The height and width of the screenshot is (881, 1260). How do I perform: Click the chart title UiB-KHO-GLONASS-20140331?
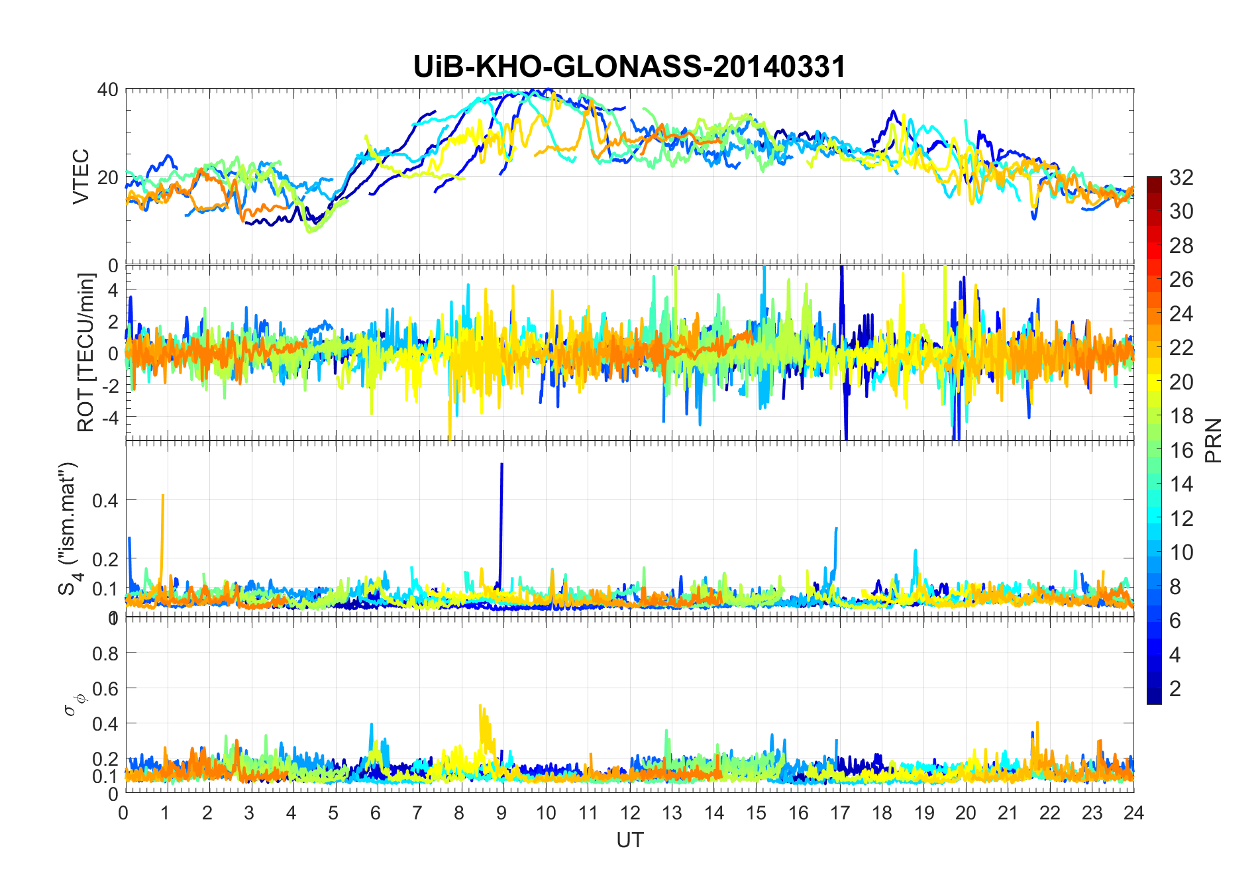point(629,67)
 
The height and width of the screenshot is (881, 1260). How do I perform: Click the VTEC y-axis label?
point(80,177)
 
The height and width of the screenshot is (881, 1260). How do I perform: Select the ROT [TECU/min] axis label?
point(86,352)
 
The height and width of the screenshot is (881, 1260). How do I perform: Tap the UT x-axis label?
point(629,841)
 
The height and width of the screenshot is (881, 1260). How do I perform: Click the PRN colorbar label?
point(1214,440)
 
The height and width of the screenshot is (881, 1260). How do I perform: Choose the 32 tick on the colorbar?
point(1181,178)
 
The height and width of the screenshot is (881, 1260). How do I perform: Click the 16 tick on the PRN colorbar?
point(1181,450)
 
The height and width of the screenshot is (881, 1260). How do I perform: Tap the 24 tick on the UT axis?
point(1133,813)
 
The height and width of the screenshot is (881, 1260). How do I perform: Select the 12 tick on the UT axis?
point(629,813)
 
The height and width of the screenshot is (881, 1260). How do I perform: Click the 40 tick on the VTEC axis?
point(108,89)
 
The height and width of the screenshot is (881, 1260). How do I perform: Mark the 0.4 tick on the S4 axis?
point(105,500)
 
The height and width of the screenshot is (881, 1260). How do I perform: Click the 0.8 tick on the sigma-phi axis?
point(105,653)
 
